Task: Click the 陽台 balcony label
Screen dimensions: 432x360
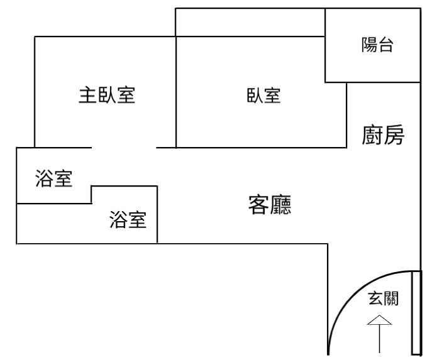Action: (377, 45)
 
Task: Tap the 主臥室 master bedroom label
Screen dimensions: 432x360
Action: (107, 95)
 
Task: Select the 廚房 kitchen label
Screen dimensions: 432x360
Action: (383, 134)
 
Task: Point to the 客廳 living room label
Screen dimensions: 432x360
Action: (270, 204)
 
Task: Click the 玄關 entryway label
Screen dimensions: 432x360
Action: (383, 298)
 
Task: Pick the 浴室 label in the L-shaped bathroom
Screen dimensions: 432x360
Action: (128, 219)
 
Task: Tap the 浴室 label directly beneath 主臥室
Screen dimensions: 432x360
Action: (54, 178)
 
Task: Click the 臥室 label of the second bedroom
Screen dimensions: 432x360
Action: (263, 95)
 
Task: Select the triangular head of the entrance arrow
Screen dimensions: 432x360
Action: (379, 320)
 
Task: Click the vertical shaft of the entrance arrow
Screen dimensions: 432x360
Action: (379, 339)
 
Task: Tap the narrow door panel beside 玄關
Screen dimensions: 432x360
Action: (416, 313)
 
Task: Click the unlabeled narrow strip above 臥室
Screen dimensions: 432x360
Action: (250, 22)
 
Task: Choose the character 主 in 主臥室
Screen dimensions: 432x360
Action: (87, 95)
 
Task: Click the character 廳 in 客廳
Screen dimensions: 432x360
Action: (280, 204)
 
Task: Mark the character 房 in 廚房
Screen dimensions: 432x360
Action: (394, 134)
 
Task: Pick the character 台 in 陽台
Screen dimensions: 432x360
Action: (385, 45)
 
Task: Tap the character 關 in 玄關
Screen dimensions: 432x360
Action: (391, 298)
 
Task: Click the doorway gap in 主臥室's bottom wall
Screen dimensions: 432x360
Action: (124, 148)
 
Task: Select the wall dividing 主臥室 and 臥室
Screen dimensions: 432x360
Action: (176, 92)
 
